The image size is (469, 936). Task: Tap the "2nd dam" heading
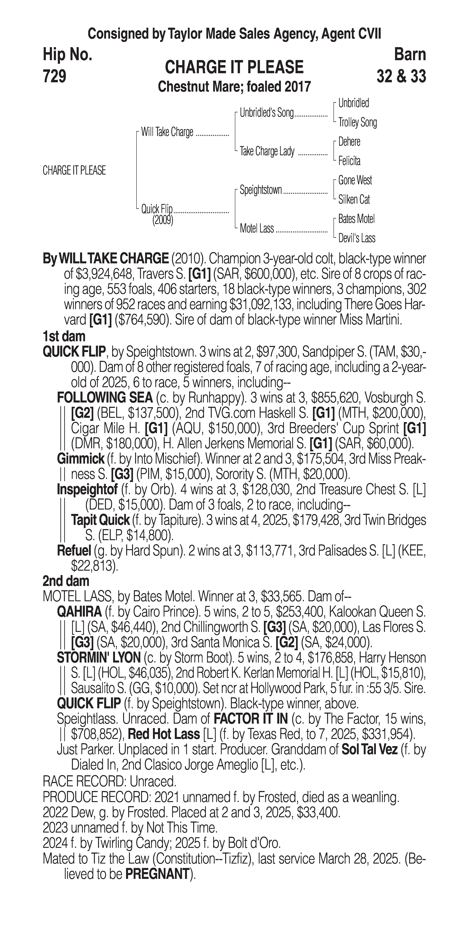(66, 581)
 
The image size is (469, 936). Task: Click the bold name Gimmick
(80, 459)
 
